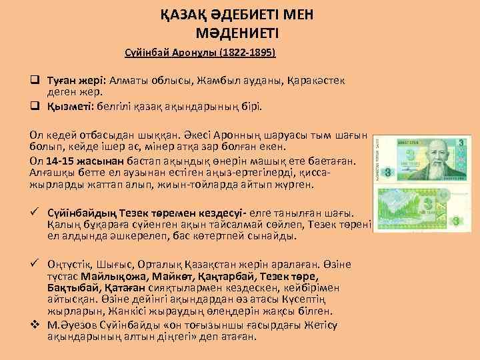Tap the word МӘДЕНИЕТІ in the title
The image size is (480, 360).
tap(239, 31)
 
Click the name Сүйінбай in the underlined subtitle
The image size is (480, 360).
tap(146, 51)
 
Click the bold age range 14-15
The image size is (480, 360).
tap(61, 160)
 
